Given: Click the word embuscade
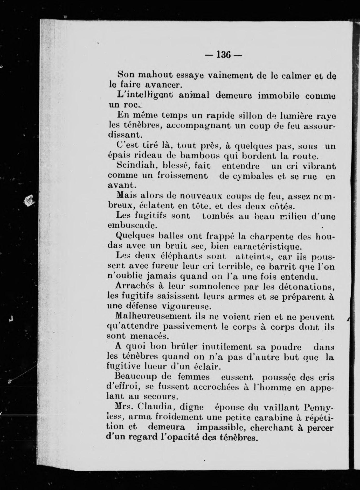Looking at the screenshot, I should pyautogui.click(x=132, y=225).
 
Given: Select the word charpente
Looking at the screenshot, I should pyautogui.click(x=271, y=236).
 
